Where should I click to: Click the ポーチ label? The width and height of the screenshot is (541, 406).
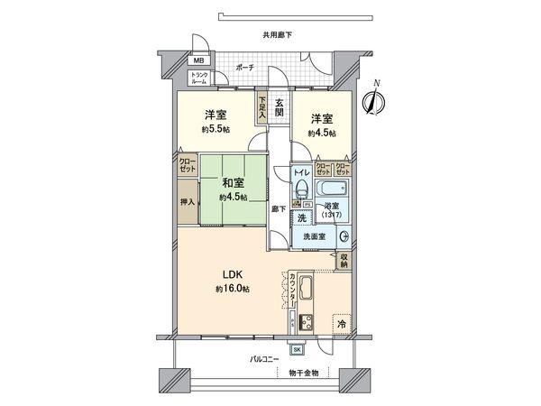[x=243, y=68]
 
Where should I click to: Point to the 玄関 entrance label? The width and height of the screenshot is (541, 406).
[x=280, y=107]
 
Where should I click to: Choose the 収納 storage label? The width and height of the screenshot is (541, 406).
[x=344, y=261]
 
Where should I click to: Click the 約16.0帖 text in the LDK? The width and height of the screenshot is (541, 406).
[x=232, y=289]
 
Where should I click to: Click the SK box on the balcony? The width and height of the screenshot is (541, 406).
[x=298, y=349]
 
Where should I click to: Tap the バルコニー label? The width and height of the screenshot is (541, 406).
[x=263, y=359]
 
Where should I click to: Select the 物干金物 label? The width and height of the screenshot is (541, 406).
[x=303, y=373]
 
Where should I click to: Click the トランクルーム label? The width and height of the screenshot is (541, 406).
[x=198, y=77]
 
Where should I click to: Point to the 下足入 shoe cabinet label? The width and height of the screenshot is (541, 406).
[x=262, y=107]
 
